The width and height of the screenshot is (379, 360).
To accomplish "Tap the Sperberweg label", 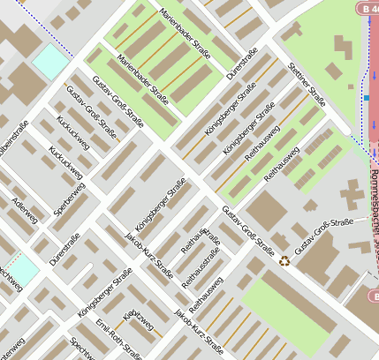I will [69, 200].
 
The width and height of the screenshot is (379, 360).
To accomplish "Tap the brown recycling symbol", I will [284, 260].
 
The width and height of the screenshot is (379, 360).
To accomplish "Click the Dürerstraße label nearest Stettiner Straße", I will [241, 65].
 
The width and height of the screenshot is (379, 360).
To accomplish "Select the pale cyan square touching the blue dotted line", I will [50, 60].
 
